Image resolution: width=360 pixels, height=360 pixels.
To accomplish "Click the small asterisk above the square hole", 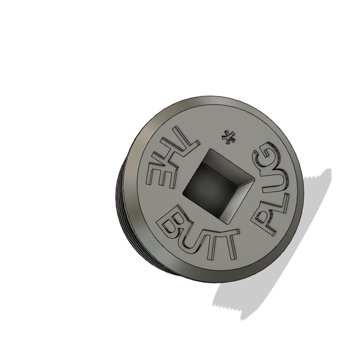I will pos(227,136).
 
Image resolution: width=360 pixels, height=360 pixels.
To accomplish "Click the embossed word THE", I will pos(167,159).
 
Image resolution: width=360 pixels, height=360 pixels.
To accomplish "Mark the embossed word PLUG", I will pos(273,188).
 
